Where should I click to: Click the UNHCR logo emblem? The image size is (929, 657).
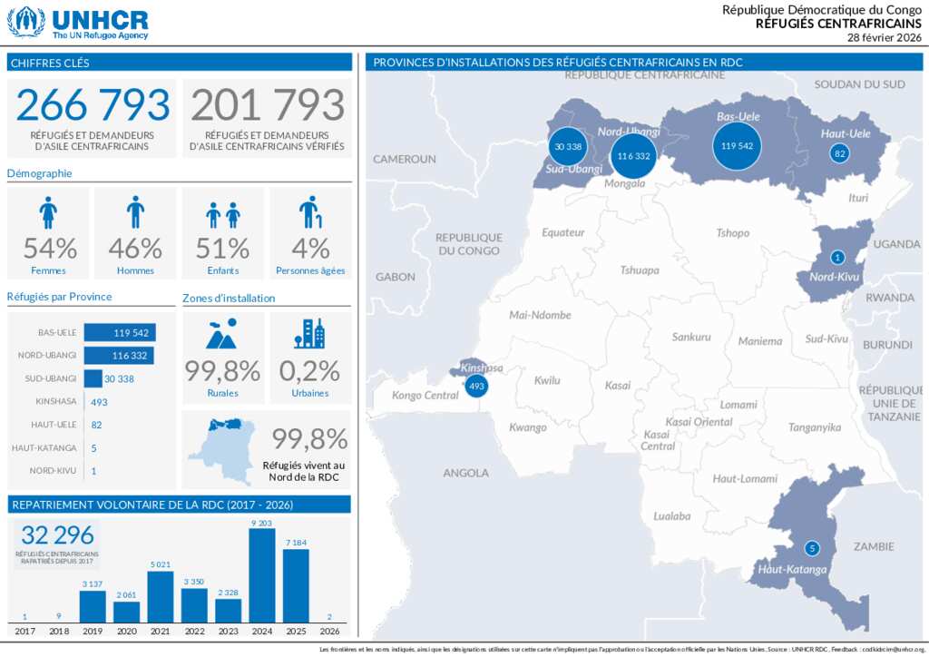[25, 22]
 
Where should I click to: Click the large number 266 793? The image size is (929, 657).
[93, 105]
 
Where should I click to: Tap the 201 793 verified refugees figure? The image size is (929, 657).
[268, 105]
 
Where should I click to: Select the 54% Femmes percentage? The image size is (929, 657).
[50, 247]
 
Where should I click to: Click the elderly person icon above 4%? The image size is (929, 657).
[310, 212]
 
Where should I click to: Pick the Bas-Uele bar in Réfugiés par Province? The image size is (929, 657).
[118, 333]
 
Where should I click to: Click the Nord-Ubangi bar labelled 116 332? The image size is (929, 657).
[118, 356]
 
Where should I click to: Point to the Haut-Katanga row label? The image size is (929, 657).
[44, 448]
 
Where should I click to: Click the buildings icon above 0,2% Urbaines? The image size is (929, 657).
[309, 333]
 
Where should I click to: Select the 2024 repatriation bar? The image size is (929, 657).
[261, 575]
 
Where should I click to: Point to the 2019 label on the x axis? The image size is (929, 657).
[93, 631]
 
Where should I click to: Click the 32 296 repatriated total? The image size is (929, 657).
[57, 535]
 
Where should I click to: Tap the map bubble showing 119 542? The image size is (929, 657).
[737, 145]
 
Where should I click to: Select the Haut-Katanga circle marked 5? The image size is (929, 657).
[812, 548]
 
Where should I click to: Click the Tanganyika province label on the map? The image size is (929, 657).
[815, 427]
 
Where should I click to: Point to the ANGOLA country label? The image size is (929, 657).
[465, 473]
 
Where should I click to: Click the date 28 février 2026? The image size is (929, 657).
[884, 37]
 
